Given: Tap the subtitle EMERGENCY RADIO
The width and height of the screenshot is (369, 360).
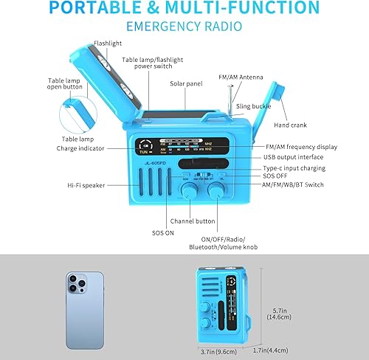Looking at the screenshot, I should [184, 27].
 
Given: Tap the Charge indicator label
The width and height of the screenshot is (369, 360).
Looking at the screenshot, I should [80, 148].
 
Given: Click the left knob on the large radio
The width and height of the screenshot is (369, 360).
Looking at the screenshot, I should [189, 190].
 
